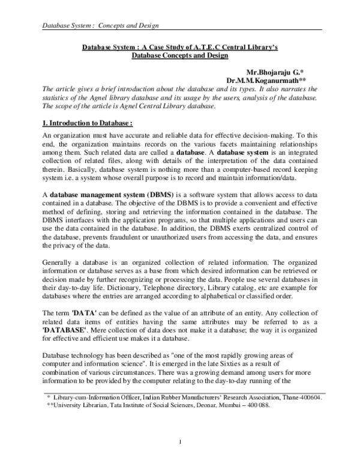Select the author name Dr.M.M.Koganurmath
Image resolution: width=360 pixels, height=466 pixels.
click(x=275, y=80)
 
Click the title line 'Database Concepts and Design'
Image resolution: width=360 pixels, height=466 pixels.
click(x=180, y=56)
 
